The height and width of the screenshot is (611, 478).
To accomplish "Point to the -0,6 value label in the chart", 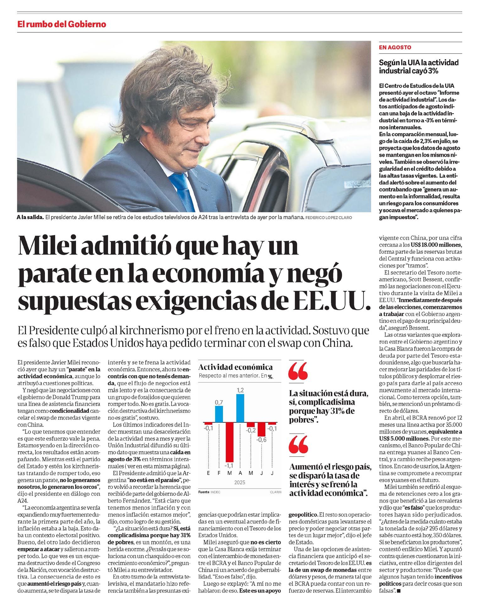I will (x=261, y=439).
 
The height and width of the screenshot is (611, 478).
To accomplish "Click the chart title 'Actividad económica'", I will (x=235, y=367).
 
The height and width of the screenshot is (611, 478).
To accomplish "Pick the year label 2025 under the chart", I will (x=240, y=482).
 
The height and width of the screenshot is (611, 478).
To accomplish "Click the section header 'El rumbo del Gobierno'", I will (x=62, y=24).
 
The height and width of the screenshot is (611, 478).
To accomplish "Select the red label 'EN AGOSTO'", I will (x=395, y=47).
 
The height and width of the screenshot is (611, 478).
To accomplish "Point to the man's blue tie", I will (x=182, y=191).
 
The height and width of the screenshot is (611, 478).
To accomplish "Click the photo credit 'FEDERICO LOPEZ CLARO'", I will (x=329, y=217).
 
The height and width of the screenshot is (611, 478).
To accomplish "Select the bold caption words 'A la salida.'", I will (x=30, y=217).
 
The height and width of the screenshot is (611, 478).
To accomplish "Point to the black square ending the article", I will (x=399, y=591).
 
